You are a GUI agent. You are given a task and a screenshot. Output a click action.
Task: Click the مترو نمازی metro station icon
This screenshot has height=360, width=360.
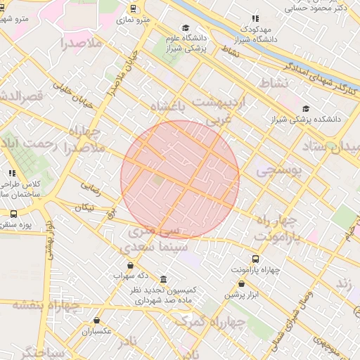coord(134,8)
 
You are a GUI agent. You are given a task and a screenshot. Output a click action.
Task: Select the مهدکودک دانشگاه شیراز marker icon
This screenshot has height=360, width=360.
coord(255,18)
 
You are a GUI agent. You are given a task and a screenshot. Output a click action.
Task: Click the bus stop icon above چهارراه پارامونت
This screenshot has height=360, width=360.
coord(255,259)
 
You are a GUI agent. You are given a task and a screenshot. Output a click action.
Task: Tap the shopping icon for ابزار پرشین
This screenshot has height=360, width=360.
coord(242,284)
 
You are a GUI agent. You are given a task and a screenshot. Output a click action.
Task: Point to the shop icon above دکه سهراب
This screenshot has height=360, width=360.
coord(131,264)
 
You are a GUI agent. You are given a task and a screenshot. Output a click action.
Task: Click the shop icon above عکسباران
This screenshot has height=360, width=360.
coord(96,320)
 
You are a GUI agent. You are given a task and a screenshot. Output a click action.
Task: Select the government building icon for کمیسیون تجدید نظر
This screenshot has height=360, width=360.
coord(164,279)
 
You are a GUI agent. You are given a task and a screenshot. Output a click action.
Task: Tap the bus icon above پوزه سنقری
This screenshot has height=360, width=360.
coord(13,213)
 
